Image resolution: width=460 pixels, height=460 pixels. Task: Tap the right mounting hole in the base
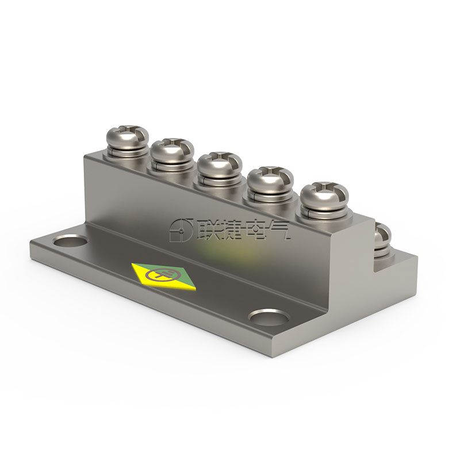coord(269,317)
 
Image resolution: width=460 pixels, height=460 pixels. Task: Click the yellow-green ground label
coord(164,277)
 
